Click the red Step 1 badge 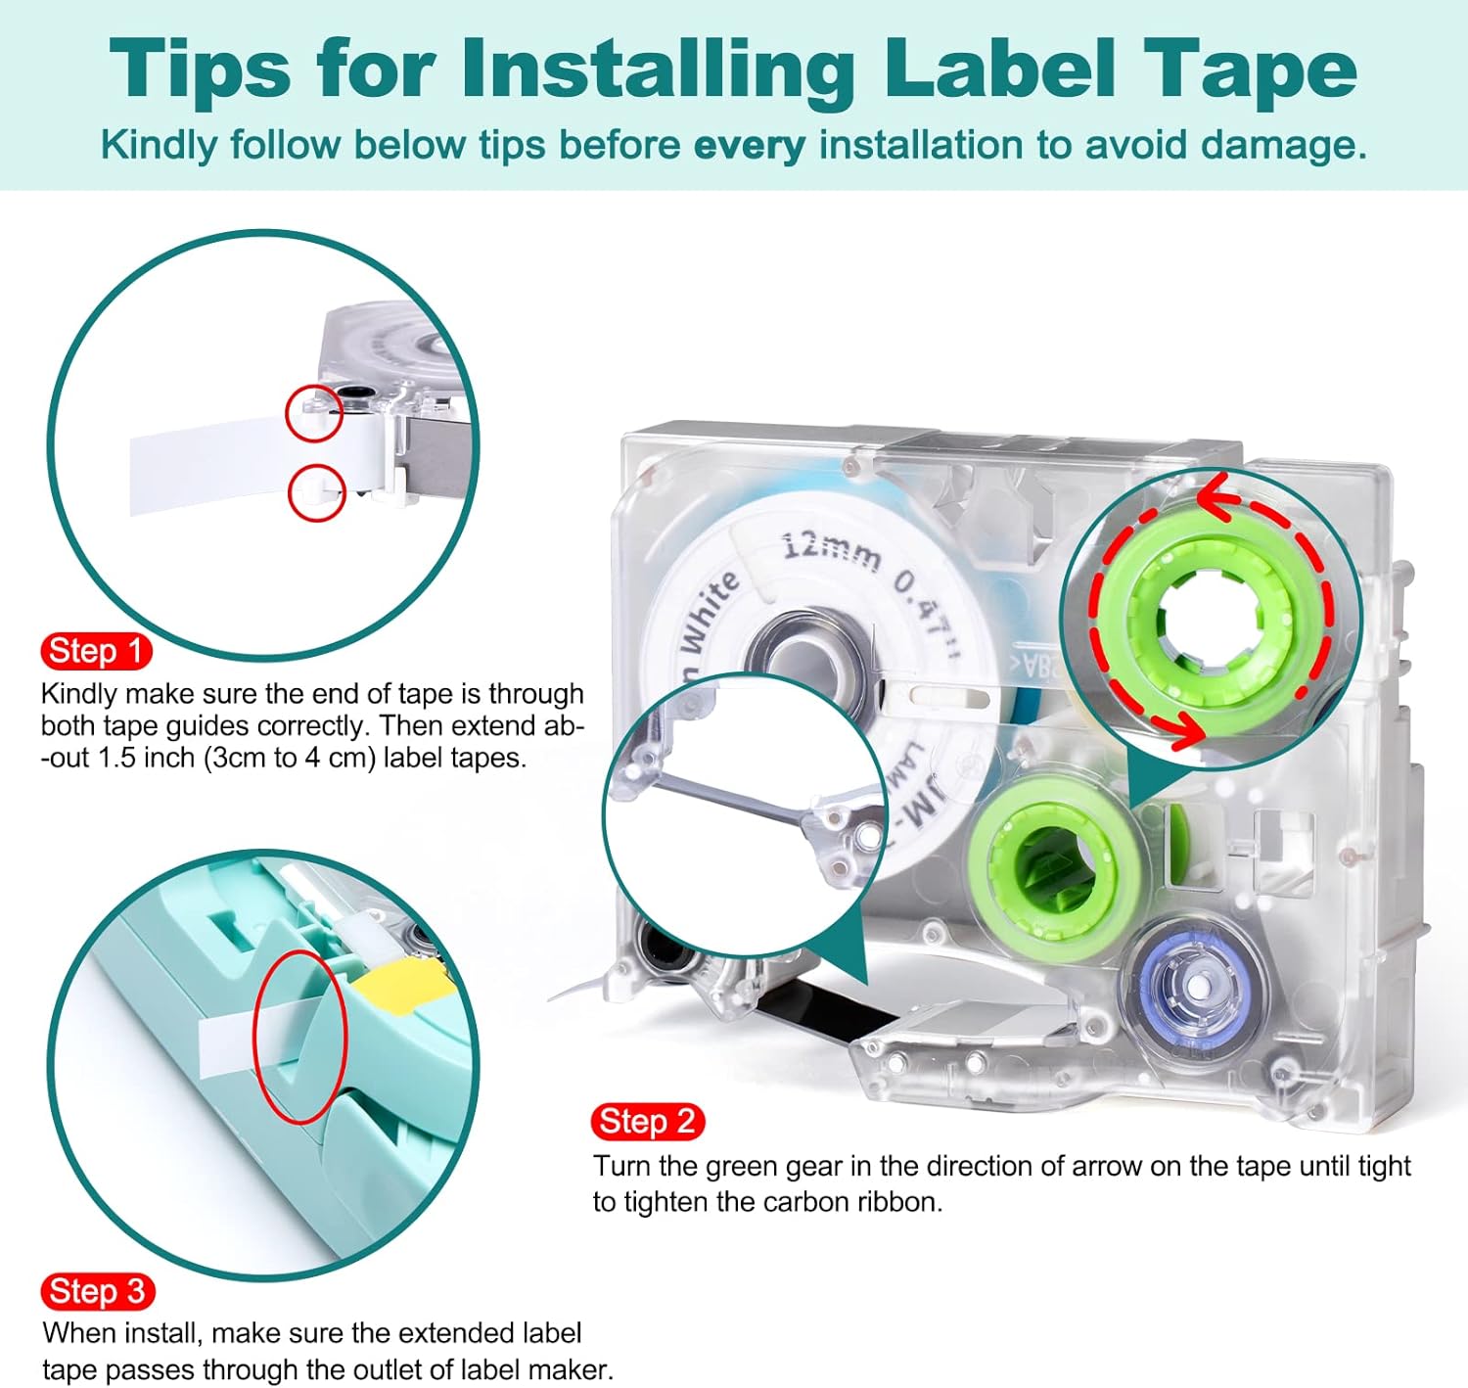(x=96, y=651)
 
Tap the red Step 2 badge (x=647, y=1121)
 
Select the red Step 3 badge (x=97, y=1291)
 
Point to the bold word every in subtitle (x=749, y=146)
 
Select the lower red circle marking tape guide (x=316, y=492)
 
